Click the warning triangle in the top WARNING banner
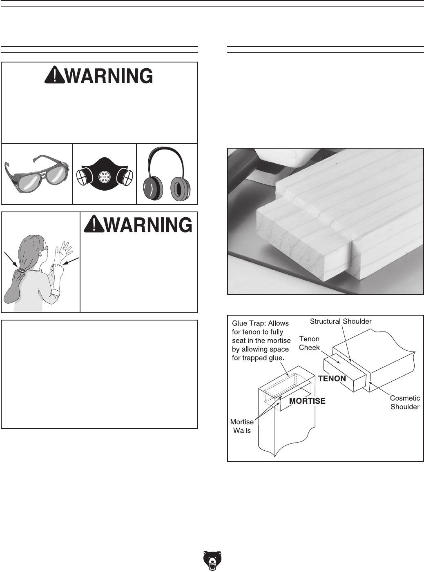pyautogui.click(x=54, y=76)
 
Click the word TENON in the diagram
pyautogui.click(x=332, y=378)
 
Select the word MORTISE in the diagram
pyautogui.click(x=307, y=401)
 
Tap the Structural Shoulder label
pyautogui.click(x=341, y=321)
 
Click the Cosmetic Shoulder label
pyautogui.click(x=404, y=402)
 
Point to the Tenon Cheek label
pyautogui.click(x=309, y=343)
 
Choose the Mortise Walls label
pyautogui.click(x=242, y=426)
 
